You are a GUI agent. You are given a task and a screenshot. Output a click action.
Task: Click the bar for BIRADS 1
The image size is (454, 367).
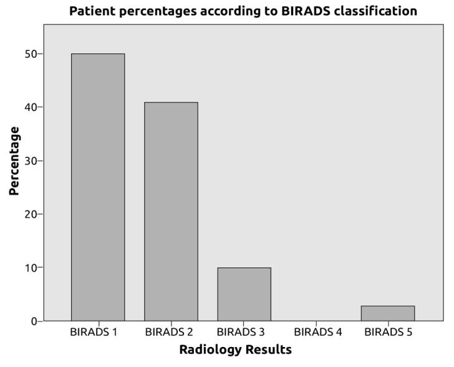(98, 187)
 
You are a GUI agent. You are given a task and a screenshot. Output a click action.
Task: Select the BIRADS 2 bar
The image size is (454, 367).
(171, 212)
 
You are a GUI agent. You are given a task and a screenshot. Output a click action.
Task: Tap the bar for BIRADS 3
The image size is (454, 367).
(244, 294)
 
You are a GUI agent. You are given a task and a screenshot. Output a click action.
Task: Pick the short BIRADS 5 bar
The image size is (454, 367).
(388, 313)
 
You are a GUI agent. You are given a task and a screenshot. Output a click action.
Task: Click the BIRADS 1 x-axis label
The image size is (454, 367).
(94, 332)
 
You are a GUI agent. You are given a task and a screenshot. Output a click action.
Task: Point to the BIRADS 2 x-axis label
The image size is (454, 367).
(169, 332)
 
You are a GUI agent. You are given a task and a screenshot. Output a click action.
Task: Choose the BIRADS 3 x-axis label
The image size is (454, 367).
(241, 332)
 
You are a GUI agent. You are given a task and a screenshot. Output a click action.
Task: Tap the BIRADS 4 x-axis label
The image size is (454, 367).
(318, 332)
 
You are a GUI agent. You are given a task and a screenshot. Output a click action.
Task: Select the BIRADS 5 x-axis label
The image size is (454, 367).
(388, 332)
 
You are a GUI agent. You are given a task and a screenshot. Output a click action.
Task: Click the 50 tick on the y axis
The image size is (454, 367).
(31, 54)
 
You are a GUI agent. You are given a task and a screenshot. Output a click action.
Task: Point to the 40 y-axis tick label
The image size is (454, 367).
(31, 107)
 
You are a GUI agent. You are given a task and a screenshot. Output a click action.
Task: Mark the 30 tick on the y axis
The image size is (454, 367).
(31, 161)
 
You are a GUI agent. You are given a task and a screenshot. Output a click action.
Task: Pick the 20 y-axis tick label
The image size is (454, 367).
(31, 214)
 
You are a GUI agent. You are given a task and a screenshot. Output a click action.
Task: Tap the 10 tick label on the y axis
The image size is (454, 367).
(31, 268)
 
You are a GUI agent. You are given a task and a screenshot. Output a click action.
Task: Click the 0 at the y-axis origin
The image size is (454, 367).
(34, 321)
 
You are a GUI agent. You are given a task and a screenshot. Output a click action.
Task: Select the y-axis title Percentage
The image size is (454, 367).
(14, 161)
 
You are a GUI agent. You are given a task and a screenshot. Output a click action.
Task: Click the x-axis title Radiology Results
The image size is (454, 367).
(235, 350)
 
